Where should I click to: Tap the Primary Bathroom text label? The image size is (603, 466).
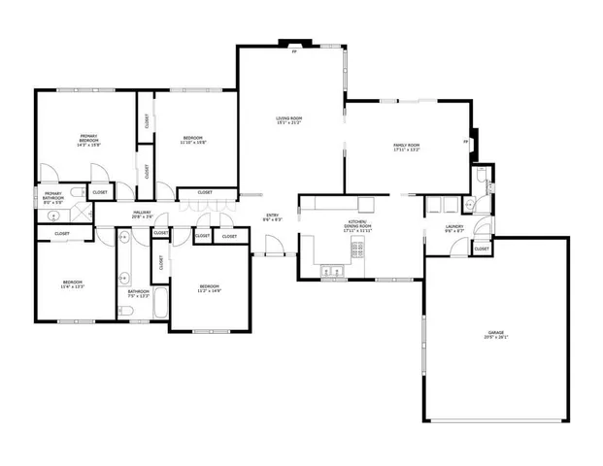click(x=54, y=197)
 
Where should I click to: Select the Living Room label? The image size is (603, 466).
click(x=289, y=120)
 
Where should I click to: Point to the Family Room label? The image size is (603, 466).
click(x=406, y=148)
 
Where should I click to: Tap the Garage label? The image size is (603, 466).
click(x=497, y=336)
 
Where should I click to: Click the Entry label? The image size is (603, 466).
click(x=273, y=217)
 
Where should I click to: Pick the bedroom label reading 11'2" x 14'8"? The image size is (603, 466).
click(x=211, y=288)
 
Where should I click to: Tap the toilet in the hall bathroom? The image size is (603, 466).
click(x=126, y=310)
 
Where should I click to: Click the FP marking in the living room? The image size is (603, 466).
click(x=294, y=51)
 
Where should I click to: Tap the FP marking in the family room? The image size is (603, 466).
click(x=466, y=142)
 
